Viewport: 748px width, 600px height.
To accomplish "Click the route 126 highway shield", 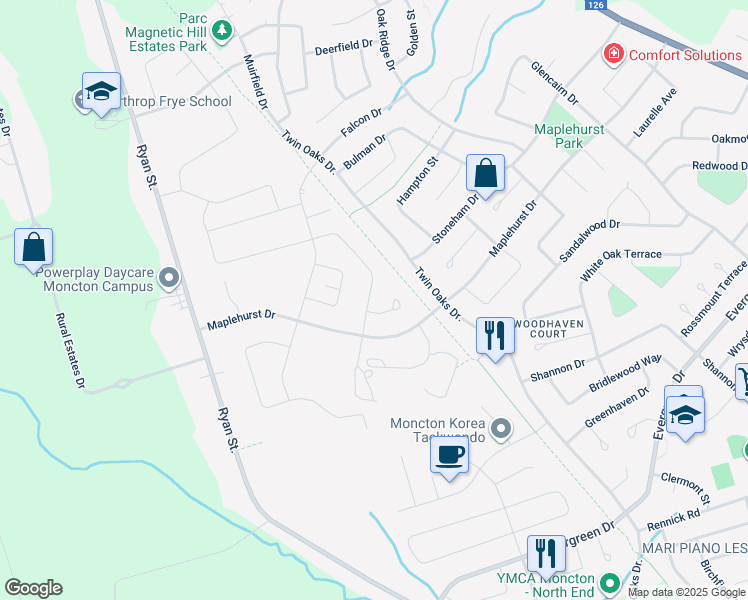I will point(596,5).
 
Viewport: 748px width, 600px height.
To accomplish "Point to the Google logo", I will point(33,588).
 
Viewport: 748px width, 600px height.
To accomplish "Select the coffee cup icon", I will point(449,456).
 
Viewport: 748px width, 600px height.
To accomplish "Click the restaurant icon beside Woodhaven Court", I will point(495,335).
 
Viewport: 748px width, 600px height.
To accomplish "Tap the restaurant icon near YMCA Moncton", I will point(546,552).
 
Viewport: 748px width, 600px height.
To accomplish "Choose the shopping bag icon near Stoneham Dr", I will point(485,173).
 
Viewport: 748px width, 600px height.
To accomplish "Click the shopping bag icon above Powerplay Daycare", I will point(33,247).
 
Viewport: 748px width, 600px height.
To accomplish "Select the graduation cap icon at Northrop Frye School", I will point(101,92).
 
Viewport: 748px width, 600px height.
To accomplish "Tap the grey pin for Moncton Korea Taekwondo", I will point(503,430).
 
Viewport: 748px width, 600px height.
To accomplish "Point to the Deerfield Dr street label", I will point(343,47).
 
